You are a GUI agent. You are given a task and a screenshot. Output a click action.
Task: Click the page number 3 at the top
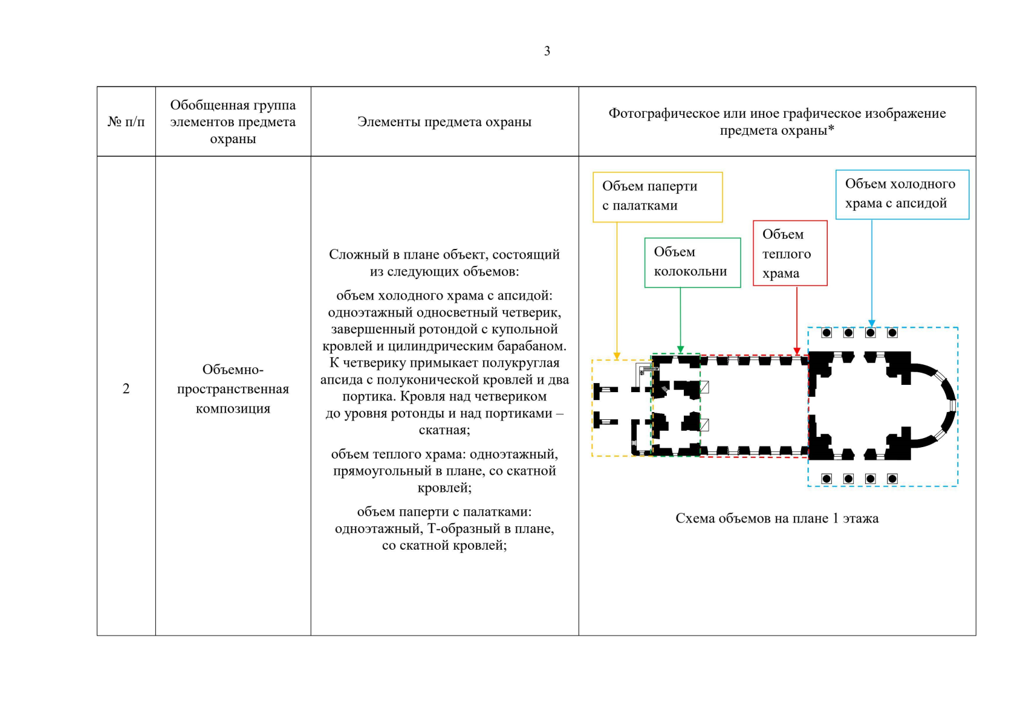pos(547,51)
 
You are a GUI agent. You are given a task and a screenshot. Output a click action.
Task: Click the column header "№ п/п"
pos(126,121)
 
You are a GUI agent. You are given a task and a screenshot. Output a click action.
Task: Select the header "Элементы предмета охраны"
pos(444,121)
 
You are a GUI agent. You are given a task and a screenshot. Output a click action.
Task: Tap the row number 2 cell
pos(126,388)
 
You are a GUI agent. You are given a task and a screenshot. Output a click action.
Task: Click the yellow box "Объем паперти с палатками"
pos(657,196)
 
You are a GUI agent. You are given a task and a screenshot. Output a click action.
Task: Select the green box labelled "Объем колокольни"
pos(692,262)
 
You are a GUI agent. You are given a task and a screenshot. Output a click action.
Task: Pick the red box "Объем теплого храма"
pos(790,253)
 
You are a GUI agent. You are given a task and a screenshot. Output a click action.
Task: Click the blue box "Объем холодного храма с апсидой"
pos(902,194)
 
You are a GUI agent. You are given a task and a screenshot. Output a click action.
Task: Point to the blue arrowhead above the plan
pos(872,323)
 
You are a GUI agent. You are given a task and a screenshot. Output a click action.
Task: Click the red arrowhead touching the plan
pos(797,351)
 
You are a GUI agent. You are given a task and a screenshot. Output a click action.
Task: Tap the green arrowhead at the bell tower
pos(681,349)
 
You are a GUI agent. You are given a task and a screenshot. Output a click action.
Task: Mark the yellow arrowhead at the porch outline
pos(617,356)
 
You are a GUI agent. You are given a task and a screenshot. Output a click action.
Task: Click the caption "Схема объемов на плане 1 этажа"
pos(777,518)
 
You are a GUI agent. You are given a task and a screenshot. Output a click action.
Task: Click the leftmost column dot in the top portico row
pos(826,333)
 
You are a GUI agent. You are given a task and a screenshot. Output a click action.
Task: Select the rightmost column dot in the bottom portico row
pos(892,479)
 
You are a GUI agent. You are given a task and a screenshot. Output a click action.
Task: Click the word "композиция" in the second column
pos(233,408)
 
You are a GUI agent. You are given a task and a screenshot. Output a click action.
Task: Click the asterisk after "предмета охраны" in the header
pos(831,129)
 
